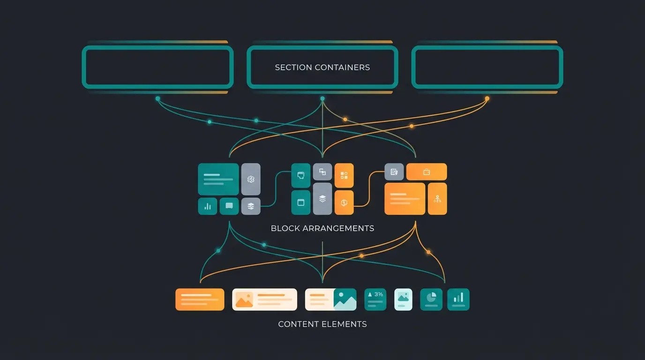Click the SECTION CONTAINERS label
(x=322, y=67)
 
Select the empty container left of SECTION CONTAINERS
(x=157, y=67)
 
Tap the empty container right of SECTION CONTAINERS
(x=487, y=67)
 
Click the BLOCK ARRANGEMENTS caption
(x=322, y=229)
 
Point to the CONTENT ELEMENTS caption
(x=322, y=324)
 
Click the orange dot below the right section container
(x=487, y=98)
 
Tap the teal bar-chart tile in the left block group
(x=207, y=206)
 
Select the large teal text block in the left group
(x=218, y=179)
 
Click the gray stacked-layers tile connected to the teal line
(x=251, y=206)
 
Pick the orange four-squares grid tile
(x=344, y=176)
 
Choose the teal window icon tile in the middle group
(x=301, y=202)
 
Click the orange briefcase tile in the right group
(x=426, y=172)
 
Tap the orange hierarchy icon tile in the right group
(x=437, y=199)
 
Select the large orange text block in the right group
(x=405, y=199)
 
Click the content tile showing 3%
(x=375, y=300)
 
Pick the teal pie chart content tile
(x=431, y=300)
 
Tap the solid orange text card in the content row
(x=200, y=300)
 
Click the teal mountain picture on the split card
(x=345, y=300)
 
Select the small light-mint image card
(x=403, y=300)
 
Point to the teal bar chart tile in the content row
(x=458, y=300)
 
